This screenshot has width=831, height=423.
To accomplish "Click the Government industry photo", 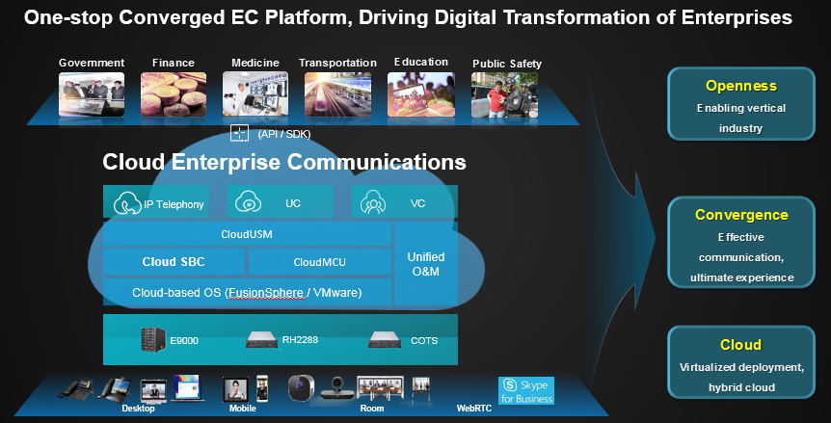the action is tap(92, 94).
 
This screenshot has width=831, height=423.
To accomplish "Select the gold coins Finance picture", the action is tap(174, 94).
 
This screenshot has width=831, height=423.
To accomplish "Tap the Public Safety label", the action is tap(507, 64).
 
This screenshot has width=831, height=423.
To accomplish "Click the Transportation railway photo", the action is tap(337, 94).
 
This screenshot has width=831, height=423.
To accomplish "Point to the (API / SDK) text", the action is tap(284, 134).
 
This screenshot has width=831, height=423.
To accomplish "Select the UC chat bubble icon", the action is tap(248, 202).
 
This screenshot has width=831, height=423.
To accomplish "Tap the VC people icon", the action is tap(372, 202).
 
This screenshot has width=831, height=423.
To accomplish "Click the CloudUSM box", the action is tap(247, 234).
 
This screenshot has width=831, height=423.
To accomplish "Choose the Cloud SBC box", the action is tap(174, 262).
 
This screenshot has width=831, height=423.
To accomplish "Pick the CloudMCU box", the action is tap(319, 262).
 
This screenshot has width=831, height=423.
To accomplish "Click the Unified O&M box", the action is tap(425, 264).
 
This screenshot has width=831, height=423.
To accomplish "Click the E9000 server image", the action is tap(153, 339).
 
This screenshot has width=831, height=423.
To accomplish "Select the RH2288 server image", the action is tap(262, 340).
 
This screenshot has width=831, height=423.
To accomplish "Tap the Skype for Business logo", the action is tap(526, 390).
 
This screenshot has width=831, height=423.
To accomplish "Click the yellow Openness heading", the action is tap(741, 86).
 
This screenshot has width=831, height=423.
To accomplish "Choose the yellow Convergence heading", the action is tap(741, 215).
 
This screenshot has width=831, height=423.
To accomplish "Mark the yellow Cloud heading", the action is tap(741, 345).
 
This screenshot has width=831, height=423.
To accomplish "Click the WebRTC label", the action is tap(474, 409).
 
